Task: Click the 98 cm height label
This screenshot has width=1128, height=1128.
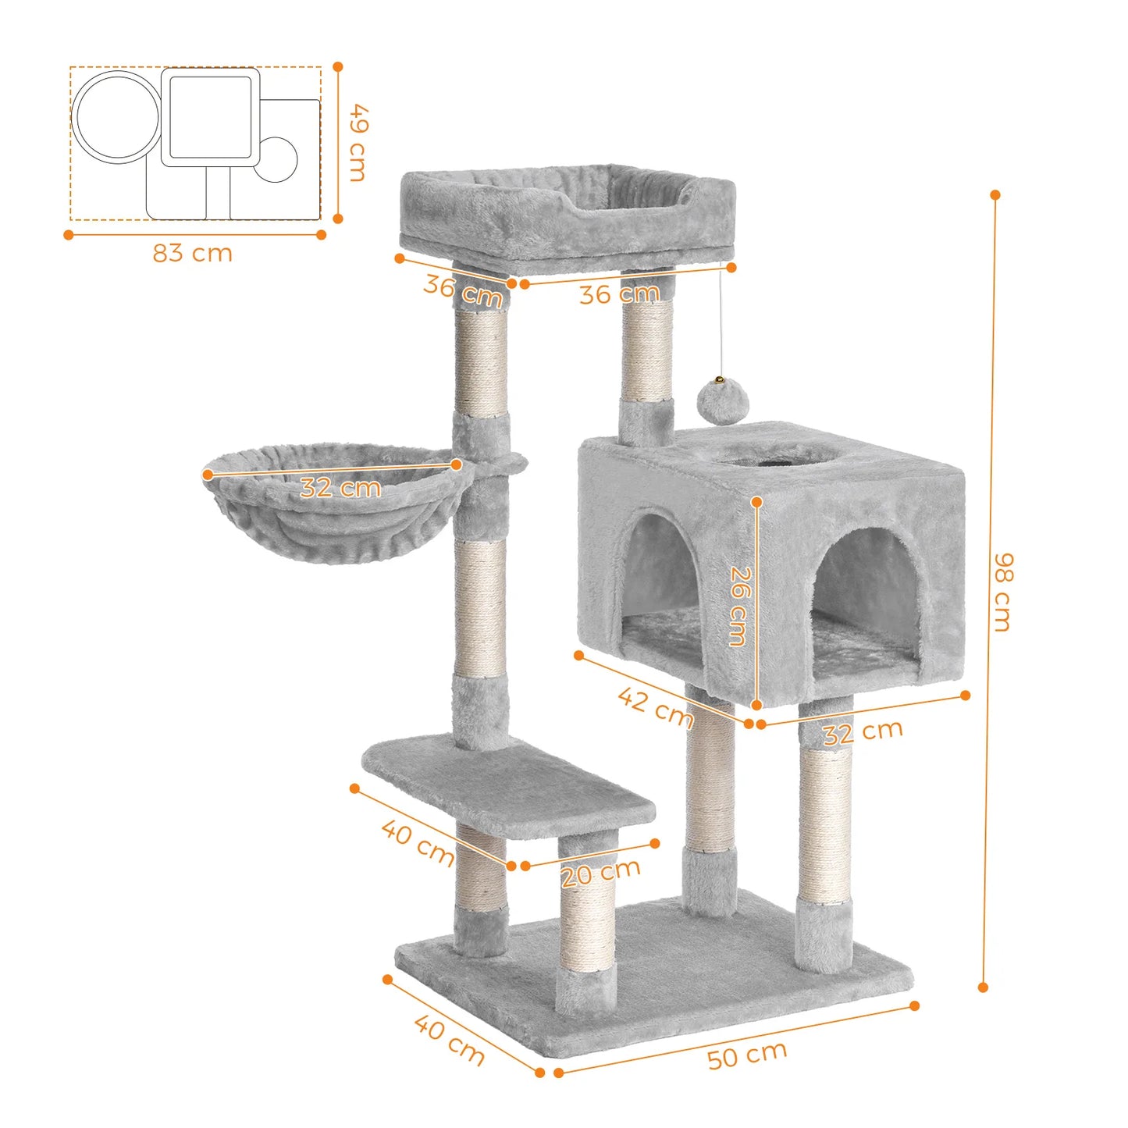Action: pos(1003,592)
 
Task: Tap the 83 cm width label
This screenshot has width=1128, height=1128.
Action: pos(192,254)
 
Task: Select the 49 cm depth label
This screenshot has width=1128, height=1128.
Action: pos(357,143)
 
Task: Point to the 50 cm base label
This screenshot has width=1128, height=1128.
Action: pos(747,1055)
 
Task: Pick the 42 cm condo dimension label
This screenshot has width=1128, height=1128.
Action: pos(655,706)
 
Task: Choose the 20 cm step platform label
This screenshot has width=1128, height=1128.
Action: pos(600,872)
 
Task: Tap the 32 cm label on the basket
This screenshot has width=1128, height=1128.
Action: pos(340,488)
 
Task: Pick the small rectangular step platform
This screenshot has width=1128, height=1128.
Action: pos(507,785)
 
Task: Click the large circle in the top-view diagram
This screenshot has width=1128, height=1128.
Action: pos(117,117)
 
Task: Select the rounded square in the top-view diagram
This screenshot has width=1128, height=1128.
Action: pos(210,117)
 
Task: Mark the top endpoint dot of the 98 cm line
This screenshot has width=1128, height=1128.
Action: pos(995,194)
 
